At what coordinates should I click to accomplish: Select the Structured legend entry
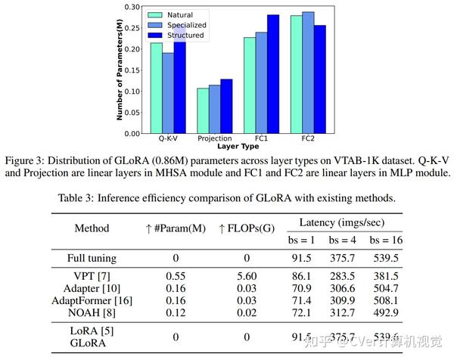[x=186, y=35]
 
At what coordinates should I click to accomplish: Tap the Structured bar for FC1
[x=272, y=73]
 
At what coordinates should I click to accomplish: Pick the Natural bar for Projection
[x=202, y=110]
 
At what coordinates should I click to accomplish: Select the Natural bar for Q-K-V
[x=156, y=88]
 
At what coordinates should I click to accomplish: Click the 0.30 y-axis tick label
[x=131, y=7]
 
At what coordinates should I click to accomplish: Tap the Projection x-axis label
[x=214, y=139]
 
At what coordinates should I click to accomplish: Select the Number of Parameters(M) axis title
[x=119, y=70]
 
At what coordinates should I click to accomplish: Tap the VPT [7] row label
[x=92, y=278]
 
